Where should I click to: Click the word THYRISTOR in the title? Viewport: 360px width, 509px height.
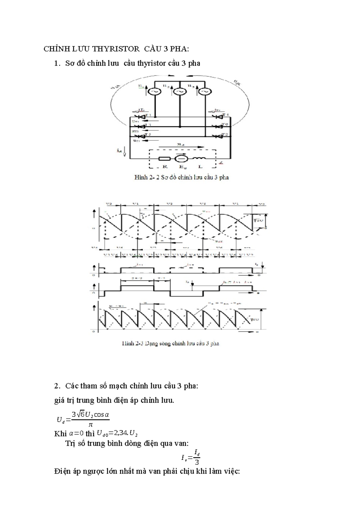[115, 49]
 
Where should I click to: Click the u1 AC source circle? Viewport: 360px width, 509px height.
[155, 91]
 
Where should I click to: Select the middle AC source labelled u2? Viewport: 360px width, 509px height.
[180, 91]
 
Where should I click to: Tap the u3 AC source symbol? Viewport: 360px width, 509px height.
[205, 91]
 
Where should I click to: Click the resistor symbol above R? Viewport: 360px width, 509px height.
[164, 159]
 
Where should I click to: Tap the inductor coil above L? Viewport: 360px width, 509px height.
[199, 158]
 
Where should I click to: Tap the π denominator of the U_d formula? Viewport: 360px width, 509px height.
[90, 425]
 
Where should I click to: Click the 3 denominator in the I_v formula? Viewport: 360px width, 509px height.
[197, 462]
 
